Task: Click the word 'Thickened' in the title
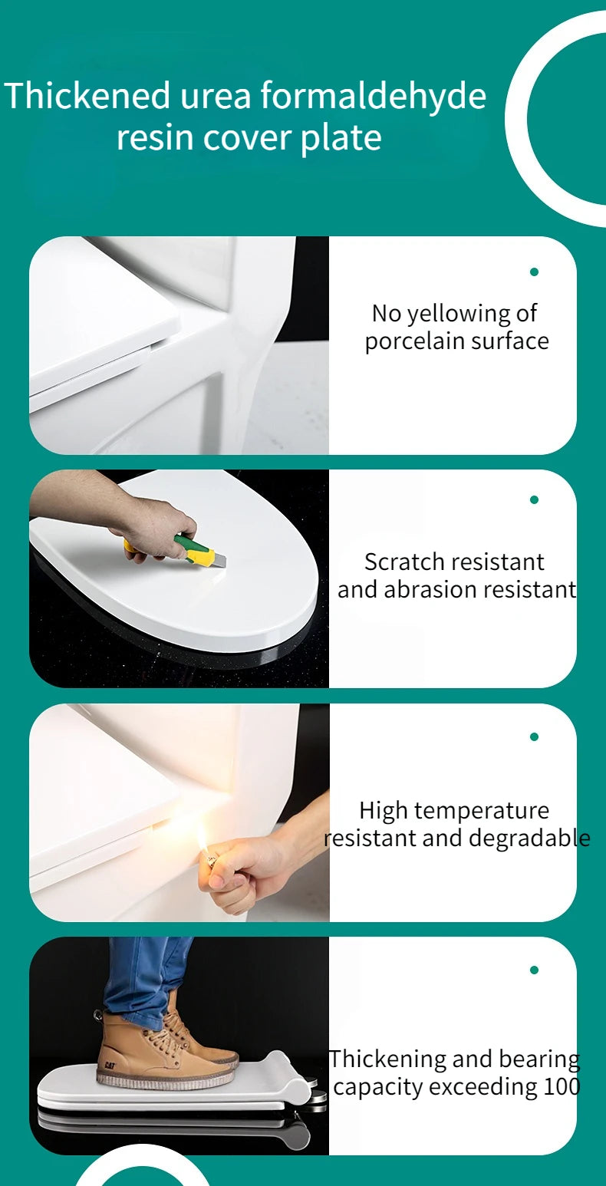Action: click(x=87, y=97)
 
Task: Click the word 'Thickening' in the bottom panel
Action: click(x=387, y=1059)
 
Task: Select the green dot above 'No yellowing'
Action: click(x=534, y=272)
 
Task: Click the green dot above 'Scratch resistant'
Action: click(x=534, y=499)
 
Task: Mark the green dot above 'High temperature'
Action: click(x=534, y=736)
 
